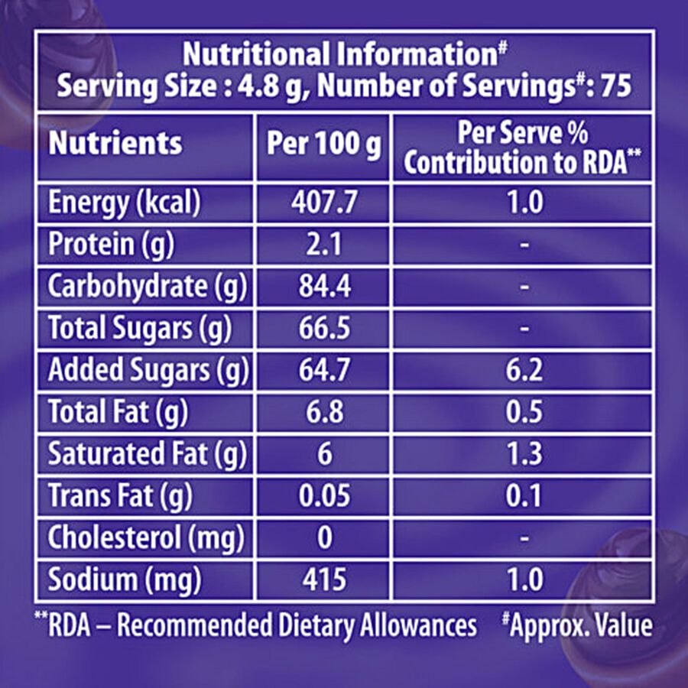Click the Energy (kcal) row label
coord(124,203)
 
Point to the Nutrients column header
coord(115,144)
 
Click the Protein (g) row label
coord(112,245)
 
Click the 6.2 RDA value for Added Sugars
coord(523,371)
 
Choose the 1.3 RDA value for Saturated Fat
coord(523,454)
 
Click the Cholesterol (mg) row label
coord(146,538)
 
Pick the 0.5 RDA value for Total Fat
coord(523,413)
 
